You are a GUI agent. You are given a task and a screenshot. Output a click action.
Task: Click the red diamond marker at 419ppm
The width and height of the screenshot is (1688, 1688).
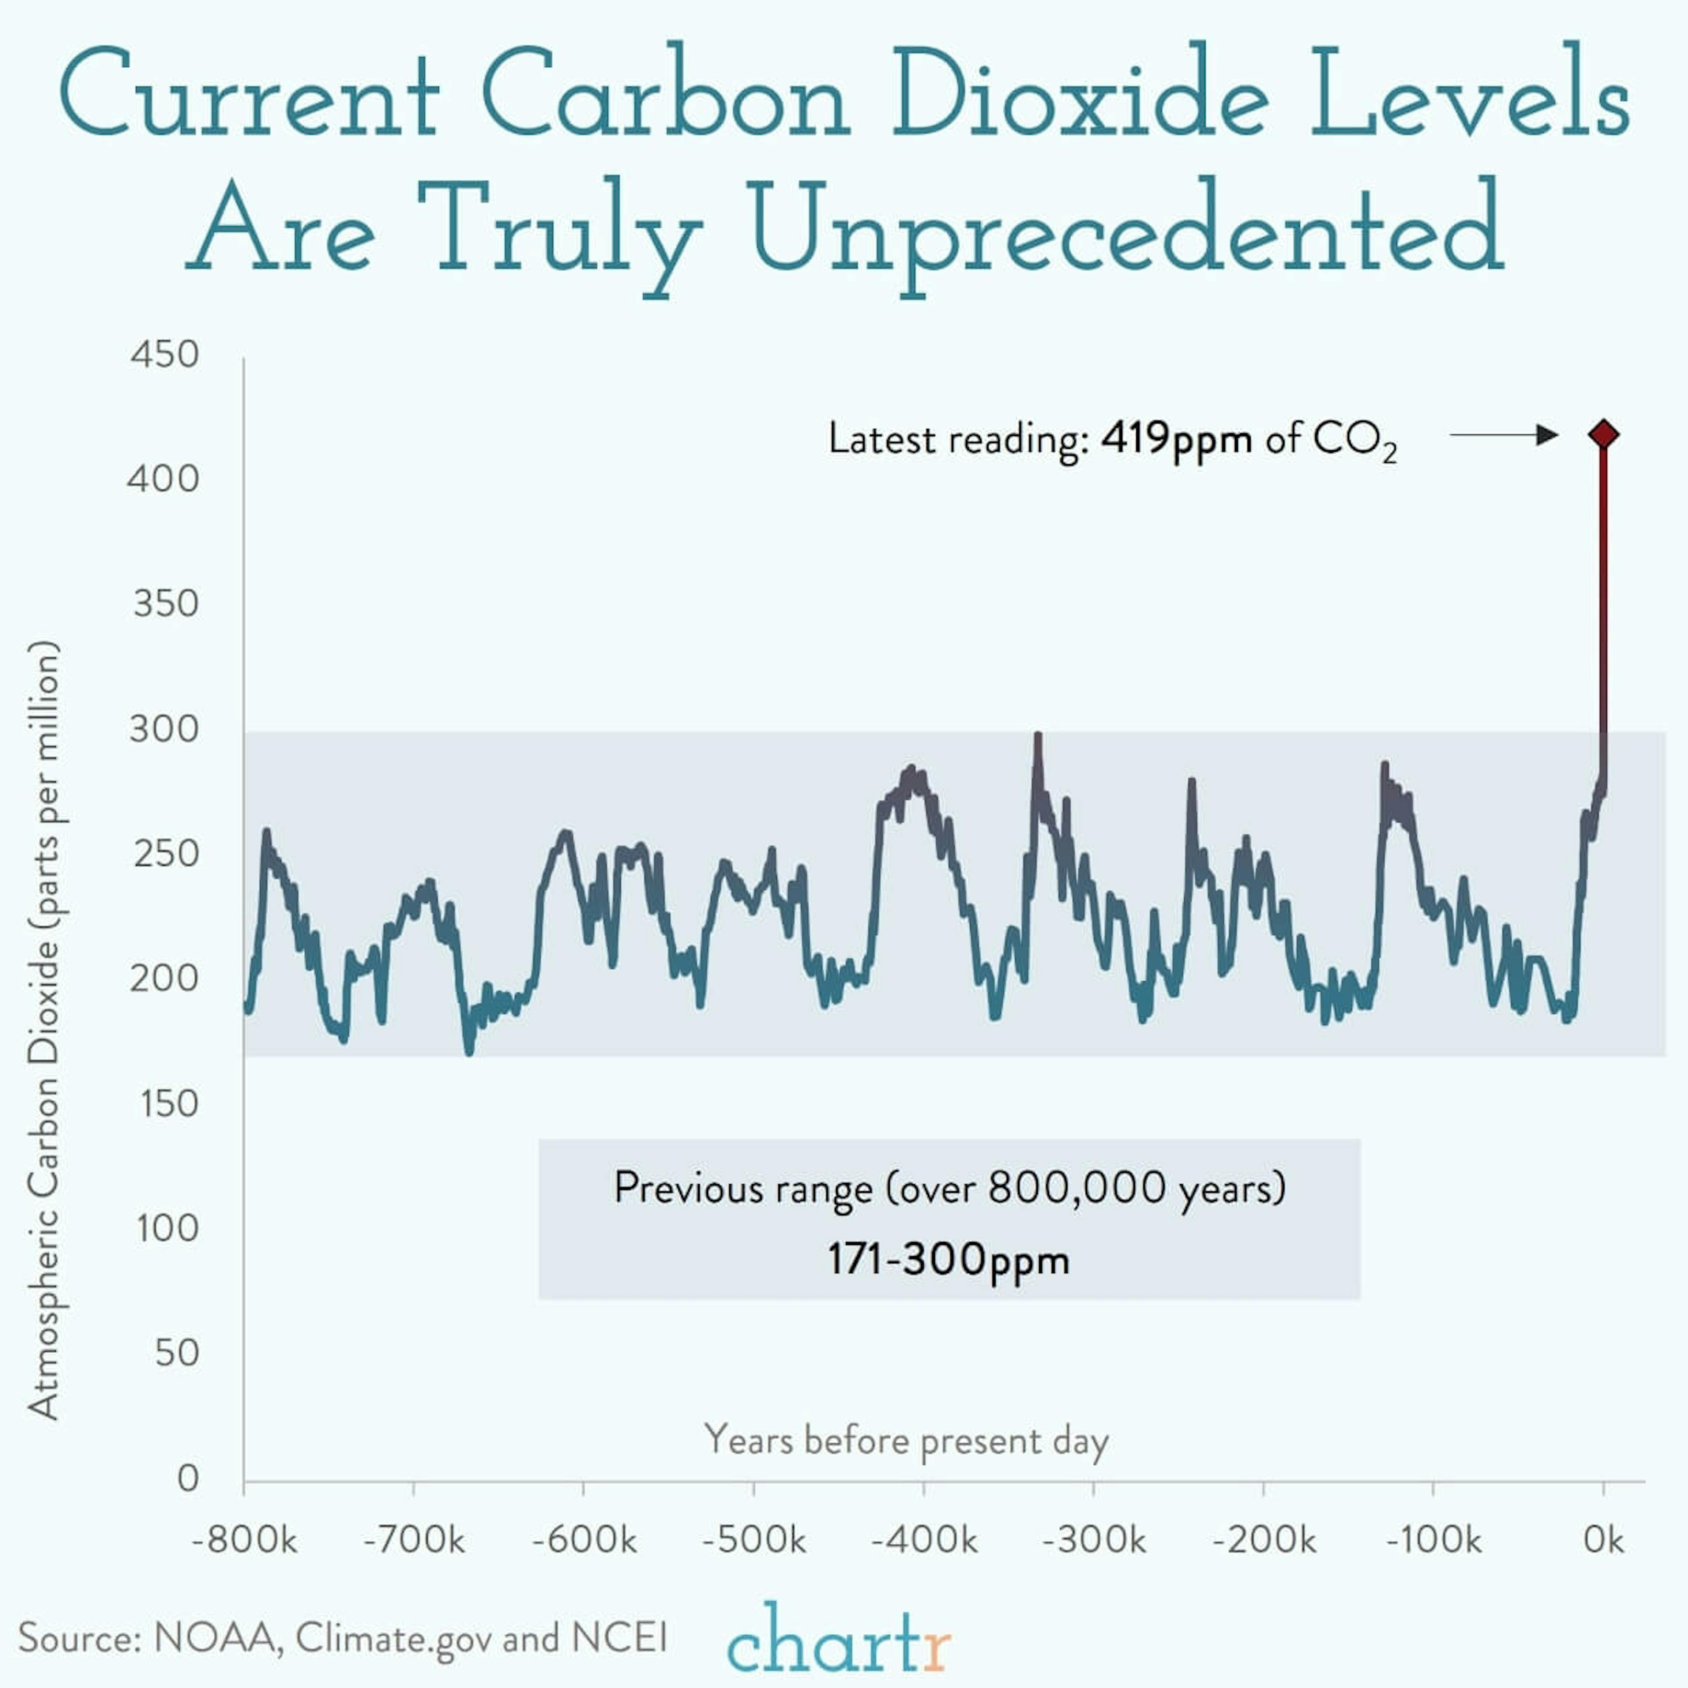click(x=1603, y=434)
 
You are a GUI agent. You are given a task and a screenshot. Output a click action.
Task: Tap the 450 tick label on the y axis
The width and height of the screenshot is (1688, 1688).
click(x=164, y=355)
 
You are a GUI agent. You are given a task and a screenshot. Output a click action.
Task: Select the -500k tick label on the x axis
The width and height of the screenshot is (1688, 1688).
click(x=754, y=1540)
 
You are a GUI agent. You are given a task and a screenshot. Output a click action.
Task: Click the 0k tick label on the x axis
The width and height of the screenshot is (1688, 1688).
click(x=1603, y=1540)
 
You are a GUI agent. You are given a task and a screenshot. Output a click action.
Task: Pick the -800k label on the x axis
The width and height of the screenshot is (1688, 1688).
click(x=245, y=1540)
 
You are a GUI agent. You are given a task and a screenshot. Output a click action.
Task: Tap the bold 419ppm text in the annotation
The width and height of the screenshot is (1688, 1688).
click(x=1176, y=439)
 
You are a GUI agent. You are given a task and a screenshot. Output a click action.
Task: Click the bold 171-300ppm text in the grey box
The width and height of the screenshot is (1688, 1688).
click(x=948, y=1260)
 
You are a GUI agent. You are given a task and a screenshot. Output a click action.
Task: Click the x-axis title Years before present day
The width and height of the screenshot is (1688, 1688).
click(x=906, y=1440)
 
